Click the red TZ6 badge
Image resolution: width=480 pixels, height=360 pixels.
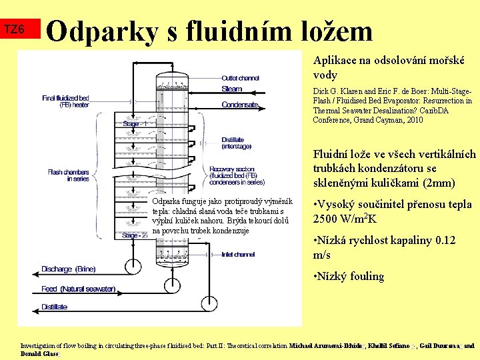pos(15,30)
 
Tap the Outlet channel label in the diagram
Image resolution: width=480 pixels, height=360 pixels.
pos(241,77)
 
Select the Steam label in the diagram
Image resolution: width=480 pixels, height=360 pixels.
pos(232,89)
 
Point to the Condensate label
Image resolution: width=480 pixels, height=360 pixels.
pos(239,105)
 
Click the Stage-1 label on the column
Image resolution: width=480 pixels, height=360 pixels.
pos(139,124)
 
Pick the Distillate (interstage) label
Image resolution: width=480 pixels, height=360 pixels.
pos(237,143)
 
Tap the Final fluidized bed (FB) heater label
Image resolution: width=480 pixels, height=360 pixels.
pos(65,101)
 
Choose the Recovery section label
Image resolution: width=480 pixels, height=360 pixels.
pos(237,175)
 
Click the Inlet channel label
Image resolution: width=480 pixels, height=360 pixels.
pos(238,254)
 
